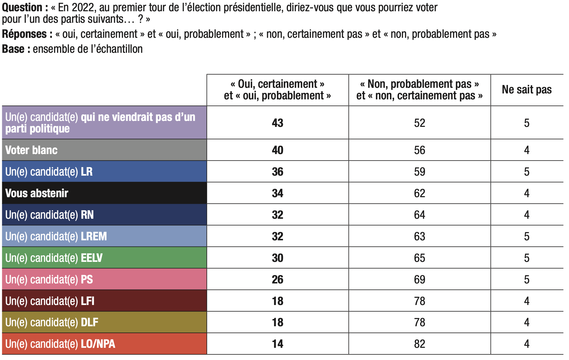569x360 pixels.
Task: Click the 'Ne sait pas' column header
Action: (527, 90)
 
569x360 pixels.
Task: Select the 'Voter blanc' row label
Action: (32, 150)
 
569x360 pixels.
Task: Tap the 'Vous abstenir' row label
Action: (37, 193)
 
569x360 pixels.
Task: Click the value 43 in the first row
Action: (277, 123)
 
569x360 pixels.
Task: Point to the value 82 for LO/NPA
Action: (419, 344)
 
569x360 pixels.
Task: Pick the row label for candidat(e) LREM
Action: (56, 236)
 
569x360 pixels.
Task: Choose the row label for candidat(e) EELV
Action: (54, 258)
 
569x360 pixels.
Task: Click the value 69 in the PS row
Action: (419, 279)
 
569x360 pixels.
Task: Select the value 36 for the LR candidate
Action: (277, 172)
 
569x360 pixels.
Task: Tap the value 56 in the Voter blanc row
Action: (419, 150)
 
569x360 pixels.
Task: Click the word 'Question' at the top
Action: (22, 7)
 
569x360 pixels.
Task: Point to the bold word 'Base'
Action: (13, 49)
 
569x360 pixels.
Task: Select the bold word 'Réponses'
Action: (24, 34)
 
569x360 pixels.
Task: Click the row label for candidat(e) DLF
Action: (52, 322)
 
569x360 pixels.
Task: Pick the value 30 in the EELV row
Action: (277, 258)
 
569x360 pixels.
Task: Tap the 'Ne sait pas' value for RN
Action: (527, 215)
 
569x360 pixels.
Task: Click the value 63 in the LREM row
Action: (419, 236)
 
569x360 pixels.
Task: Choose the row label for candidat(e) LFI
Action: (50, 301)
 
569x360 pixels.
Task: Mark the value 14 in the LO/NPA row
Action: (277, 344)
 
